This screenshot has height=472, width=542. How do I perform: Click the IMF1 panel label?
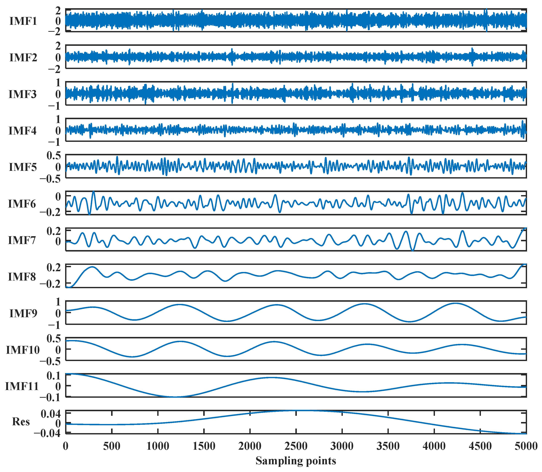point(23,21)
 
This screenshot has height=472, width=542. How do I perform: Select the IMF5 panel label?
point(23,167)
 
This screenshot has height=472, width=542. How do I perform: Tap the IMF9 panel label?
point(23,313)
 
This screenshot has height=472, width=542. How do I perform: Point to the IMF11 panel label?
point(22,386)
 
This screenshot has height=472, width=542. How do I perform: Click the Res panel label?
point(21,422)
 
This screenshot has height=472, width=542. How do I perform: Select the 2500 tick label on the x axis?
point(296,446)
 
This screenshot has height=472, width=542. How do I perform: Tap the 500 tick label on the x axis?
point(112,446)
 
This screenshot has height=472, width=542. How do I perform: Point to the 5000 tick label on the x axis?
point(526,446)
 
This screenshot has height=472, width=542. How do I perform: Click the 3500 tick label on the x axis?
point(388,446)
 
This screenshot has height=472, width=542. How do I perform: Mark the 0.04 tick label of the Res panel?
point(51,414)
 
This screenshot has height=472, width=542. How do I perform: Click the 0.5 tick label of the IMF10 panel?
point(53,339)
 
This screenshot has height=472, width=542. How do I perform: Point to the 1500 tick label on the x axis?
point(204,446)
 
